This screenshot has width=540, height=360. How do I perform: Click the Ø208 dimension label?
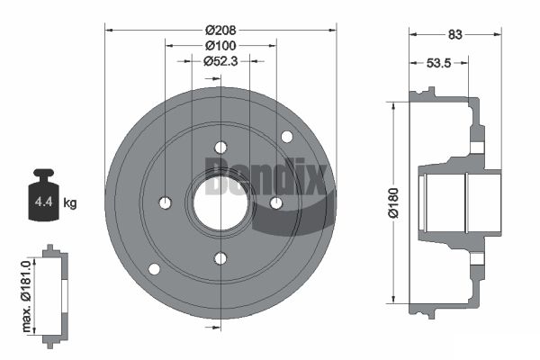click(x=220, y=31)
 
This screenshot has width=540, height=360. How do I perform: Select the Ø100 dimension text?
click(x=220, y=46)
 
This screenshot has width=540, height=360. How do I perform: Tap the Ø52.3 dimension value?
click(x=220, y=61)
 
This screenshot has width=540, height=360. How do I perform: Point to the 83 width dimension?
click(x=454, y=34)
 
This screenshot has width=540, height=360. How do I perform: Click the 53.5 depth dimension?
click(x=439, y=63)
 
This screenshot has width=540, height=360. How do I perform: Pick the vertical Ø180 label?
click(x=393, y=202)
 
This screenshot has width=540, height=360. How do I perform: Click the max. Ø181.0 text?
click(x=26, y=296)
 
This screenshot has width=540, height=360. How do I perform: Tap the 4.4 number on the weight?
click(x=44, y=202)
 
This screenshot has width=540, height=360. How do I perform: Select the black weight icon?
click(x=44, y=194)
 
